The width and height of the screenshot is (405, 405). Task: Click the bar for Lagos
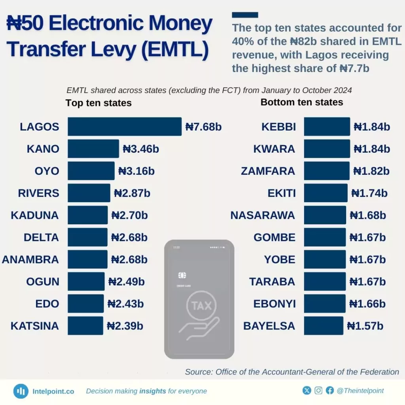pos(124,127)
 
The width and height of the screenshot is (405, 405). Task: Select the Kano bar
pos(93,149)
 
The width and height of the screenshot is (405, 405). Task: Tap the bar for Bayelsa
pos(323,326)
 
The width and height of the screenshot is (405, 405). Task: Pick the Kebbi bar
pos(327,127)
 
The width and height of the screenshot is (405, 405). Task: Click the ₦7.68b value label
pos(203,127)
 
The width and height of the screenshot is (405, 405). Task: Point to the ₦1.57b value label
pos(365,326)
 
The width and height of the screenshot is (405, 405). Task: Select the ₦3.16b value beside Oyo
pos(136,171)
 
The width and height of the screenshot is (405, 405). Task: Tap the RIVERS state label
pos(38,193)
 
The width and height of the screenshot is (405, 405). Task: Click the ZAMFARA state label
pos(268,171)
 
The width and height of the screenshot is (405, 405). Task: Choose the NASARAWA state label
pos(263,216)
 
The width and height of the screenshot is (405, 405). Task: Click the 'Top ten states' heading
pos(98,103)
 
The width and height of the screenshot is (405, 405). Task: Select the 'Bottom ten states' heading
pos(302,102)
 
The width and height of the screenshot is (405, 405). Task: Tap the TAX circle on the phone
pos(202,305)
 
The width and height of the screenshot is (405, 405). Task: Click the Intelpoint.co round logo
pos(21,391)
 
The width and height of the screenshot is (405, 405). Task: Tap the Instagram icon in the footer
pos(318,391)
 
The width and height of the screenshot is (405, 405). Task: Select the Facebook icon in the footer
pos(330,391)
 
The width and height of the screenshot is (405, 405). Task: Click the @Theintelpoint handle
pos(360,391)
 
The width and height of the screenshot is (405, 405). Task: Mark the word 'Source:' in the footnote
pos(199,372)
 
